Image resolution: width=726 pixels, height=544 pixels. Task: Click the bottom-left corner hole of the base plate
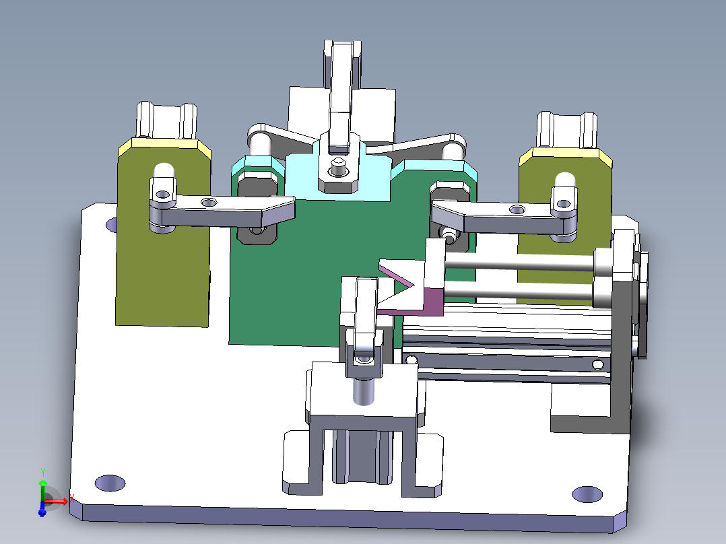coord(110,482)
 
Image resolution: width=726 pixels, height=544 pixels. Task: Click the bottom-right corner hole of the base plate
coord(587,494)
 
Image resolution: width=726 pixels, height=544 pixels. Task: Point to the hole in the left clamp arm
coord(209,202)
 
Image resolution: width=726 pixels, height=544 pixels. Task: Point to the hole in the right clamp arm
coord(517,211)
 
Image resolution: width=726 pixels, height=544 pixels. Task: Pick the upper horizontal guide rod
coord(519,263)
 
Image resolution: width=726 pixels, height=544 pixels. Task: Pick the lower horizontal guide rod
coord(519,290)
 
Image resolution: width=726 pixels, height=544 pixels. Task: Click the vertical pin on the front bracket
coord(364,391)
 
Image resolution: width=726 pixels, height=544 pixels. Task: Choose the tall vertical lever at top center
coord(342,88)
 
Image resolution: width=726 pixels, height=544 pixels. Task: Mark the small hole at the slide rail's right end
coord(597,365)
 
